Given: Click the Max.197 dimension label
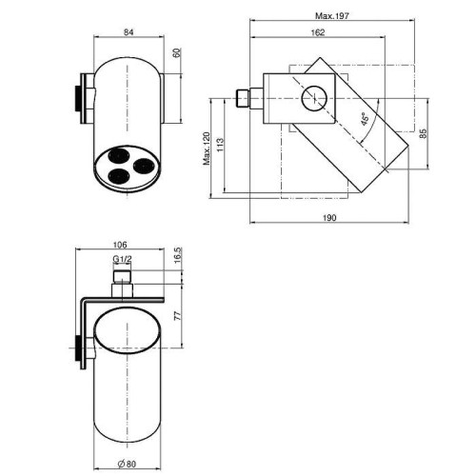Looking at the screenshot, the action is click(332, 15).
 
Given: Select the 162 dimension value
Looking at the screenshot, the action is click(318, 32).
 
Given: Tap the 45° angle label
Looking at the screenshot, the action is click(366, 119).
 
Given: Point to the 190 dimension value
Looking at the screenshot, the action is click(329, 218).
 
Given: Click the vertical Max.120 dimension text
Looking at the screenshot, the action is click(207, 149).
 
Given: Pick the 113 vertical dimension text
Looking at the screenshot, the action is click(220, 145).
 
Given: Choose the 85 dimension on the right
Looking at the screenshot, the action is click(423, 133).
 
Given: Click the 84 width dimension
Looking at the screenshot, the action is click(129, 32).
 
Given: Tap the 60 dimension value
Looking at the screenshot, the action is click(178, 52).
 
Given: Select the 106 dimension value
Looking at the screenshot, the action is click(120, 245).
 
